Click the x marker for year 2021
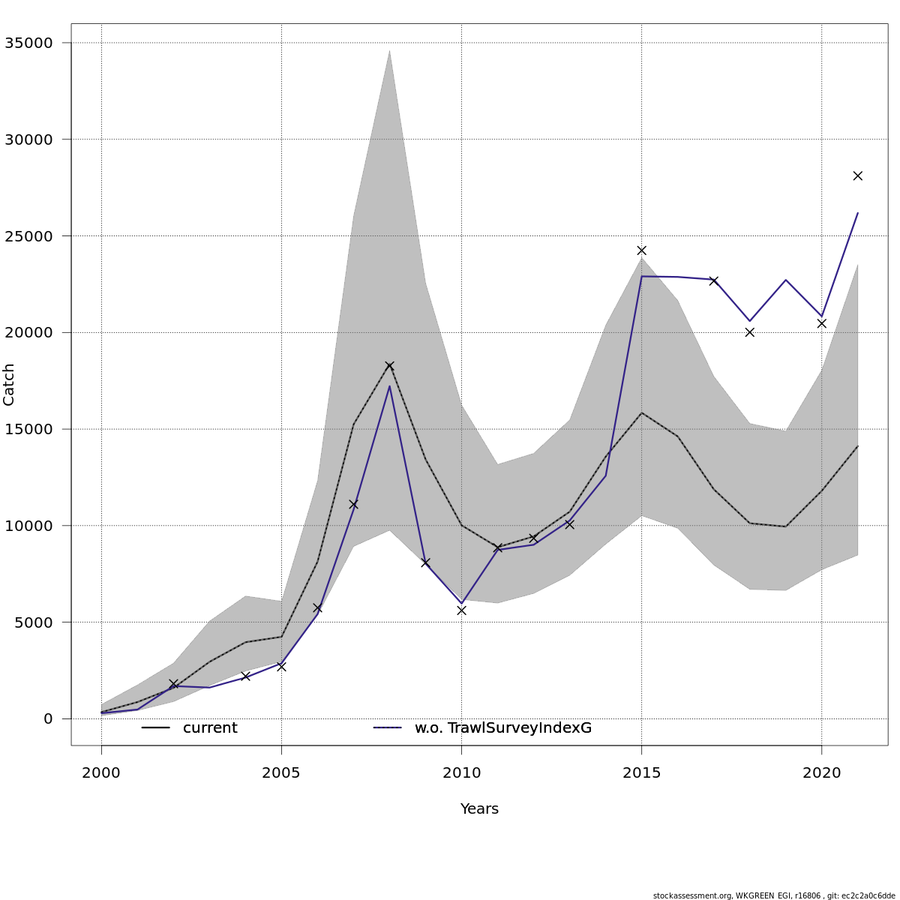pyautogui.click(x=857, y=175)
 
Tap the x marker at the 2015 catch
pyautogui.click(x=641, y=250)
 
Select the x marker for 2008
pyautogui.click(x=389, y=366)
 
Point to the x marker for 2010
pyautogui.click(x=461, y=610)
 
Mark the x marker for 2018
pyautogui.click(x=749, y=332)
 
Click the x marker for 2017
pyautogui.click(x=713, y=280)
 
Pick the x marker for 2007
pyautogui.click(x=353, y=504)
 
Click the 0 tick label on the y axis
pyautogui.click(x=48, y=718)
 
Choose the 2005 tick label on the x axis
pyautogui.click(x=281, y=773)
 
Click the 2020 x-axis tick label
pyautogui.click(x=821, y=773)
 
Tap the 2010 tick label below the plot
pyautogui.click(x=461, y=773)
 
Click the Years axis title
pyautogui.click(x=479, y=809)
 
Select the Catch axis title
pyautogui.click(x=9, y=384)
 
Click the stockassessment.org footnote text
pyautogui.click(x=774, y=895)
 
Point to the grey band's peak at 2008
pyautogui.click(x=389, y=51)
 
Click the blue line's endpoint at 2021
pyautogui.click(x=857, y=213)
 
